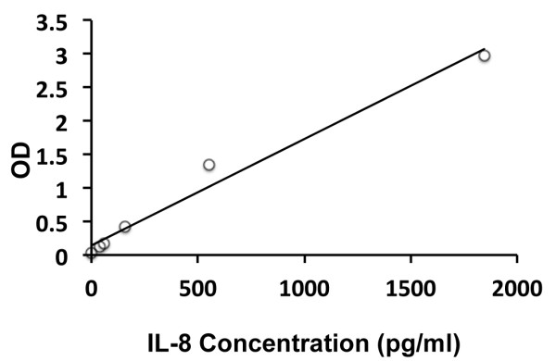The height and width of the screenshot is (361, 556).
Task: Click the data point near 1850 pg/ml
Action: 484,56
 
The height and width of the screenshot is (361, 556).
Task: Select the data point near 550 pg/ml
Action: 208,165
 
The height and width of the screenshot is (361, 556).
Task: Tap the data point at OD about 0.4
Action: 125,227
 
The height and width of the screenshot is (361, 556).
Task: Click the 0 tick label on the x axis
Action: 91,287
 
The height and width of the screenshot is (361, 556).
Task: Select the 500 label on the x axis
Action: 197,287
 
